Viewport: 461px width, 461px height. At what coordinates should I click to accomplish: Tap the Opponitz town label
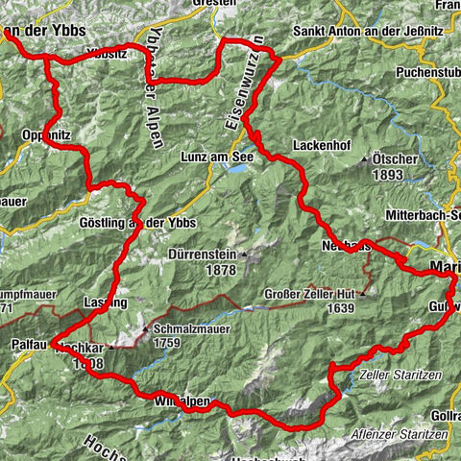[41, 137]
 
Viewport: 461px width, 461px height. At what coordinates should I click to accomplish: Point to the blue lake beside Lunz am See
[234, 168]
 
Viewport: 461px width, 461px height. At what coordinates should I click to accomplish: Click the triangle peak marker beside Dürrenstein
[244, 255]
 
